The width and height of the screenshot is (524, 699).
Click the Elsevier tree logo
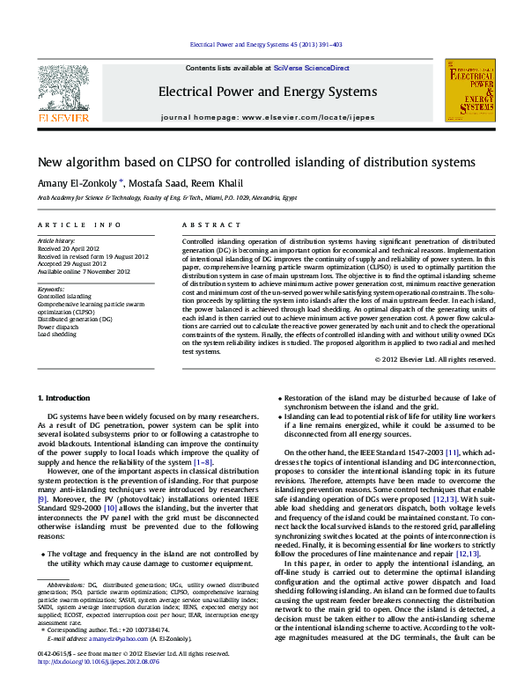click(x=62, y=88)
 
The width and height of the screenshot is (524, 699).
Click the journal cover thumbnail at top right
click(x=469, y=91)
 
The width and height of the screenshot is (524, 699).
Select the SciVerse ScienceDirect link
click(x=311, y=68)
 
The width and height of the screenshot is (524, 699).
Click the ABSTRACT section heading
click(x=204, y=226)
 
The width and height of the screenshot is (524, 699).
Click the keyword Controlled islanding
click(x=63, y=297)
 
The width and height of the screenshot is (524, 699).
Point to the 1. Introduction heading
click(x=66, y=399)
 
